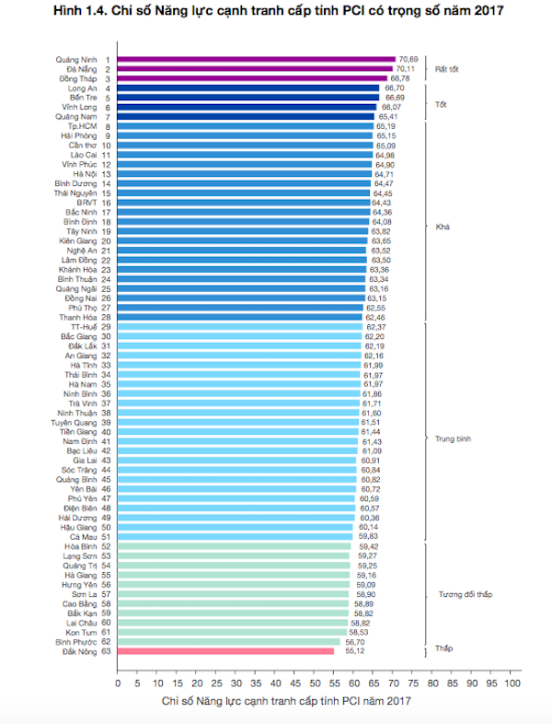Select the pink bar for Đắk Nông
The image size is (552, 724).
225,650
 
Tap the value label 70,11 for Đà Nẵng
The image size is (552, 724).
406,69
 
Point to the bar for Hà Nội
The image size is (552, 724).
245,174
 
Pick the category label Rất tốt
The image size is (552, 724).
448,69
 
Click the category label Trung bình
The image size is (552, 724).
453,439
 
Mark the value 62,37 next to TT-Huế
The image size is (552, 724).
376,327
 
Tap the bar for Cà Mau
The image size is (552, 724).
236,536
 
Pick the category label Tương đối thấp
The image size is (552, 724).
462,594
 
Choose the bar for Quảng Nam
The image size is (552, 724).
246,117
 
